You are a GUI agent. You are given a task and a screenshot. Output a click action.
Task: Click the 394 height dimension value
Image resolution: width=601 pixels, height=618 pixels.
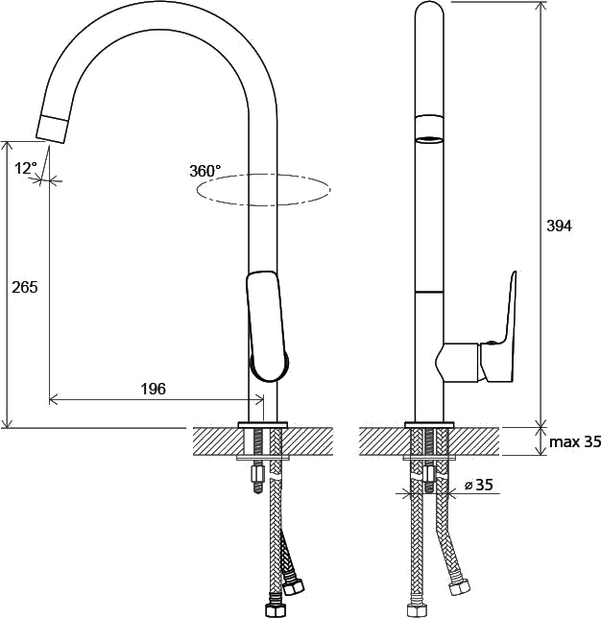[x=559, y=226]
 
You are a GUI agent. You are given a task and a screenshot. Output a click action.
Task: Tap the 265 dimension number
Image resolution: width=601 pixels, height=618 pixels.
[x=25, y=287]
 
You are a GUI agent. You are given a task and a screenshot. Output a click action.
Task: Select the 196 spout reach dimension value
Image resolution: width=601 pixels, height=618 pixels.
[x=154, y=389]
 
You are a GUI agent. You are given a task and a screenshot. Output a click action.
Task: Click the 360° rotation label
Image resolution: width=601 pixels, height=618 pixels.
[x=205, y=171]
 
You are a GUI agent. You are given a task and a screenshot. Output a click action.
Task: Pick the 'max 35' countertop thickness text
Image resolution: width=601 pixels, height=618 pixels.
[x=575, y=441]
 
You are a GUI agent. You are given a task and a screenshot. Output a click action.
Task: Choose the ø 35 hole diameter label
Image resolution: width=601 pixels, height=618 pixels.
[x=478, y=485]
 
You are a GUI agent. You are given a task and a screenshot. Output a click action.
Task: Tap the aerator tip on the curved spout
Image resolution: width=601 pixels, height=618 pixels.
[x=53, y=129]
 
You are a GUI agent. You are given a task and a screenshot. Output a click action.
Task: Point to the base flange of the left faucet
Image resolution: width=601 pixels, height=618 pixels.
[x=263, y=424]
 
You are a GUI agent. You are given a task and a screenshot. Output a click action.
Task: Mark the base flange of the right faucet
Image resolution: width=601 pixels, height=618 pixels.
[x=429, y=424]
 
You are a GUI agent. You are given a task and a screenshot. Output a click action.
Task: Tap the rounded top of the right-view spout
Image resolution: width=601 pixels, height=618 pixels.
[x=429, y=9]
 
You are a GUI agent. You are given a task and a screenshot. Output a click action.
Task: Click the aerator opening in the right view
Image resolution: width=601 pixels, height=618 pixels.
[x=429, y=140]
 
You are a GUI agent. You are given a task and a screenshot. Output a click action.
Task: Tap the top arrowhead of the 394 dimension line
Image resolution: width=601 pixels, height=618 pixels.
[x=541, y=7]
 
